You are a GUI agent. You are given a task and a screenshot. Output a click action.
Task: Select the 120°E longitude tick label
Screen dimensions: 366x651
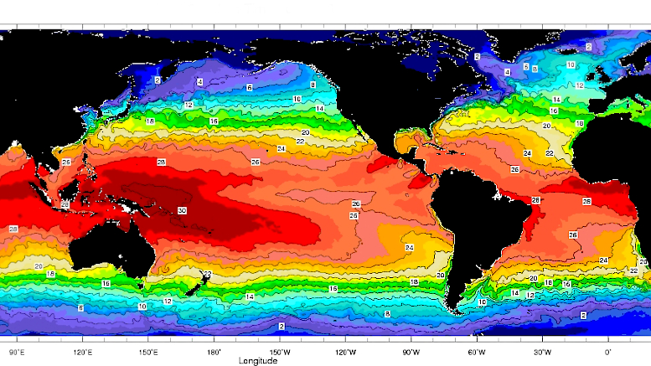(x=83, y=353)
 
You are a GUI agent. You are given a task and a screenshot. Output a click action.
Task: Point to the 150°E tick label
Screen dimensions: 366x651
(x=148, y=353)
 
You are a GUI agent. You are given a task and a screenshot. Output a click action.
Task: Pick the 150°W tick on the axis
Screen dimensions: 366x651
(x=280, y=353)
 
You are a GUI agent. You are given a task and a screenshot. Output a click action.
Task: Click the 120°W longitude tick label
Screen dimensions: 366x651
(x=345, y=353)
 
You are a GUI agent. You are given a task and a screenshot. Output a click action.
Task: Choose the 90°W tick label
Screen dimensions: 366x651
(x=411, y=353)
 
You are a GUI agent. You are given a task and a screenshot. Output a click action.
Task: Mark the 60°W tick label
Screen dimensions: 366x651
(x=477, y=353)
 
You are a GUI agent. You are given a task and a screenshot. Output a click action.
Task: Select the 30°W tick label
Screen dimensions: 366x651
(x=542, y=353)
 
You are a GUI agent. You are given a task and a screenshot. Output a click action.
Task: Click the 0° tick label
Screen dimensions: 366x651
(x=608, y=353)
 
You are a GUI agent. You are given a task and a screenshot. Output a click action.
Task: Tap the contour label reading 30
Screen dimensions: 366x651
(x=183, y=210)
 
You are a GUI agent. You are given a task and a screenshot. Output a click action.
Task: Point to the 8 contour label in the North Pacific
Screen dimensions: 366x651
(x=313, y=85)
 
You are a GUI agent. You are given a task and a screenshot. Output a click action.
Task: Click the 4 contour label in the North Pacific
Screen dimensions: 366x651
(x=199, y=82)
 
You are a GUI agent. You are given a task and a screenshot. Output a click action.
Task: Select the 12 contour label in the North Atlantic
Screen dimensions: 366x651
(x=580, y=85)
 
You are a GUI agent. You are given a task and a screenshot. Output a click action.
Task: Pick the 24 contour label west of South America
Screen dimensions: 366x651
(x=409, y=248)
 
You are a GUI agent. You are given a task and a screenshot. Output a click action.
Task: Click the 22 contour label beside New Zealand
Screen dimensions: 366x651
(x=207, y=274)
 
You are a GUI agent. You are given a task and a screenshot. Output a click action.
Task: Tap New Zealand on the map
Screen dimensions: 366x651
(x=194, y=285)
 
